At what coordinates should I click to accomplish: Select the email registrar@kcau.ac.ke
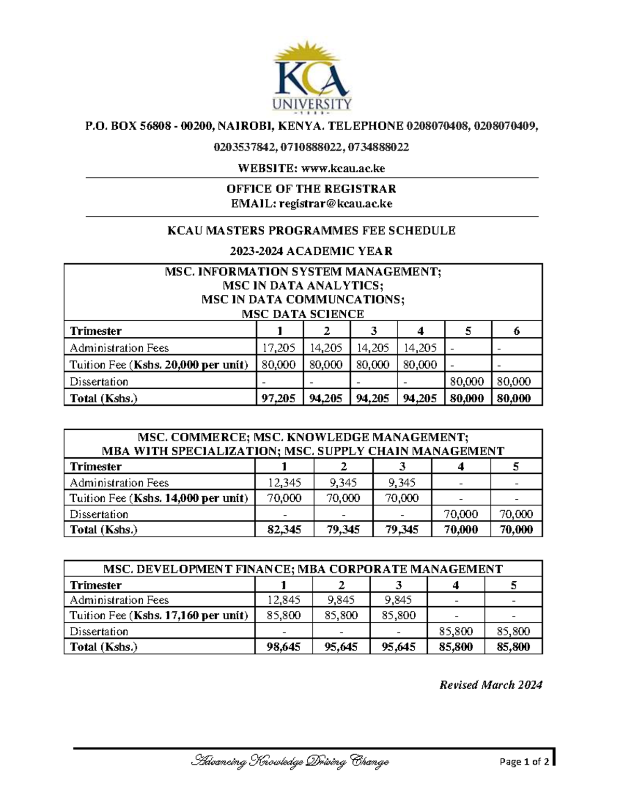(335, 203)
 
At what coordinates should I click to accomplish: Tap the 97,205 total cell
(279, 398)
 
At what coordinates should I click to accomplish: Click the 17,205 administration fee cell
(279, 348)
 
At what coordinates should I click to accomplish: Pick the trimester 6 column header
(516, 331)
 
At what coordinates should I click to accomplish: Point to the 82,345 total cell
(283, 529)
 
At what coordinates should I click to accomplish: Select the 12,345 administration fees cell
(283, 483)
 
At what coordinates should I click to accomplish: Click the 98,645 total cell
(283, 647)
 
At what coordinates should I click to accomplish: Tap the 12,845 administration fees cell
(283, 600)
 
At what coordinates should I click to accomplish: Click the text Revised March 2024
(491, 685)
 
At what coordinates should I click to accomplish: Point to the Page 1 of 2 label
(524, 762)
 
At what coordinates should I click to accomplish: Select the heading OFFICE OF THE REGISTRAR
(311, 188)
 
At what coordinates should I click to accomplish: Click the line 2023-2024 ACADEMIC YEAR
(311, 251)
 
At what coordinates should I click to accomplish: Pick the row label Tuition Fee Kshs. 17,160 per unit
(159, 616)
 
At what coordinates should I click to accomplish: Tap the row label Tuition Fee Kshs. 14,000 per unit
(159, 498)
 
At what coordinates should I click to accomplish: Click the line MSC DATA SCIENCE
(303, 314)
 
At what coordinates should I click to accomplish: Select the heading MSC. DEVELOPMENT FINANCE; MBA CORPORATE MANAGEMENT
(303, 569)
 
